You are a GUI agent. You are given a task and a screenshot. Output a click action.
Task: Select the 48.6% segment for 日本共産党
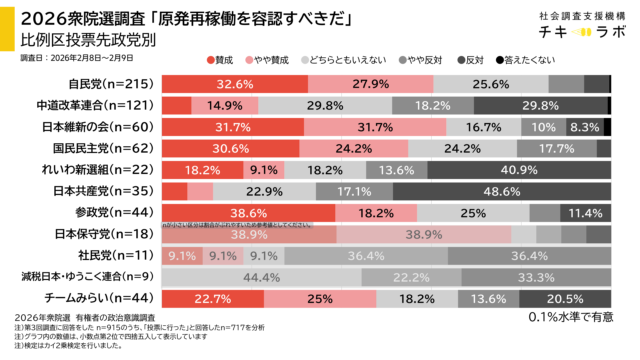coord(500,191)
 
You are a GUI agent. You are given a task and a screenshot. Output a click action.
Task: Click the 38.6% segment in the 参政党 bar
coord(247,212)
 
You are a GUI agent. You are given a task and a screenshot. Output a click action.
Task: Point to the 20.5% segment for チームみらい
coord(565,298)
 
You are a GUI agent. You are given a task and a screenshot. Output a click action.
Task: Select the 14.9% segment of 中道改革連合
coord(218,105)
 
